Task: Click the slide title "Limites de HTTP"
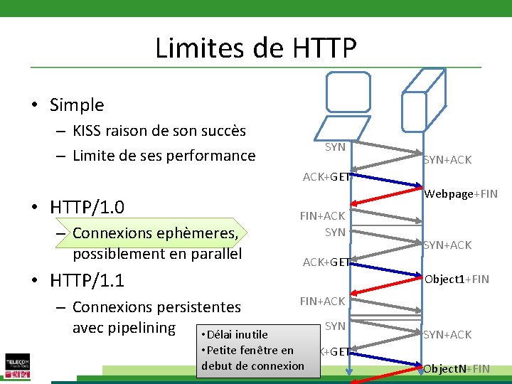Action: click(255, 48)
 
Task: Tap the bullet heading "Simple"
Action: click(77, 105)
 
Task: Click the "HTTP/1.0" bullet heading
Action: click(87, 208)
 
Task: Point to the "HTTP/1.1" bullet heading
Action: click(87, 281)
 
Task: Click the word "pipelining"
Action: click(140, 328)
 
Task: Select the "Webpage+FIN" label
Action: click(461, 194)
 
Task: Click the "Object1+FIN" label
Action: click(457, 279)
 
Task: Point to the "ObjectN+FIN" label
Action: click(457, 368)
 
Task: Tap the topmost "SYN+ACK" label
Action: click(447, 160)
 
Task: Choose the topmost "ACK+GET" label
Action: click(326, 177)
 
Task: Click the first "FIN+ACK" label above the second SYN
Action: click(322, 216)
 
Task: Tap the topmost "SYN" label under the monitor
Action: click(335, 147)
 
